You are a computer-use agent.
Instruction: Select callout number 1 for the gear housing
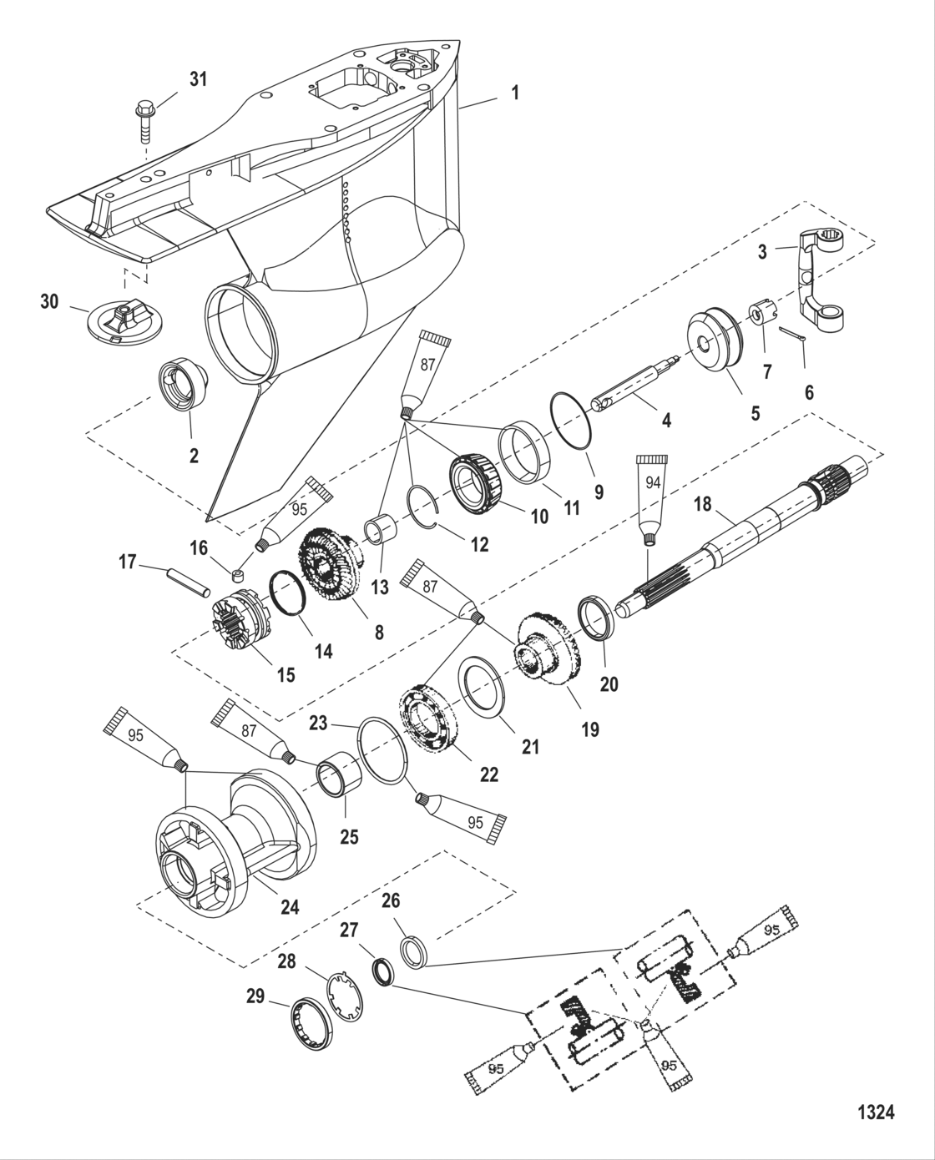pyautogui.click(x=515, y=93)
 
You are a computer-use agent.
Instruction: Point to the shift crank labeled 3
pyautogui.click(x=823, y=276)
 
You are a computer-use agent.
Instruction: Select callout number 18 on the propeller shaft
pyautogui.click(x=704, y=505)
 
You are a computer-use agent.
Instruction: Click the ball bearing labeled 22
pyautogui.click(x=430, y=721)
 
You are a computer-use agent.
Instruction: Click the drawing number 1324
pyautogui.click(x=876, y=1112)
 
